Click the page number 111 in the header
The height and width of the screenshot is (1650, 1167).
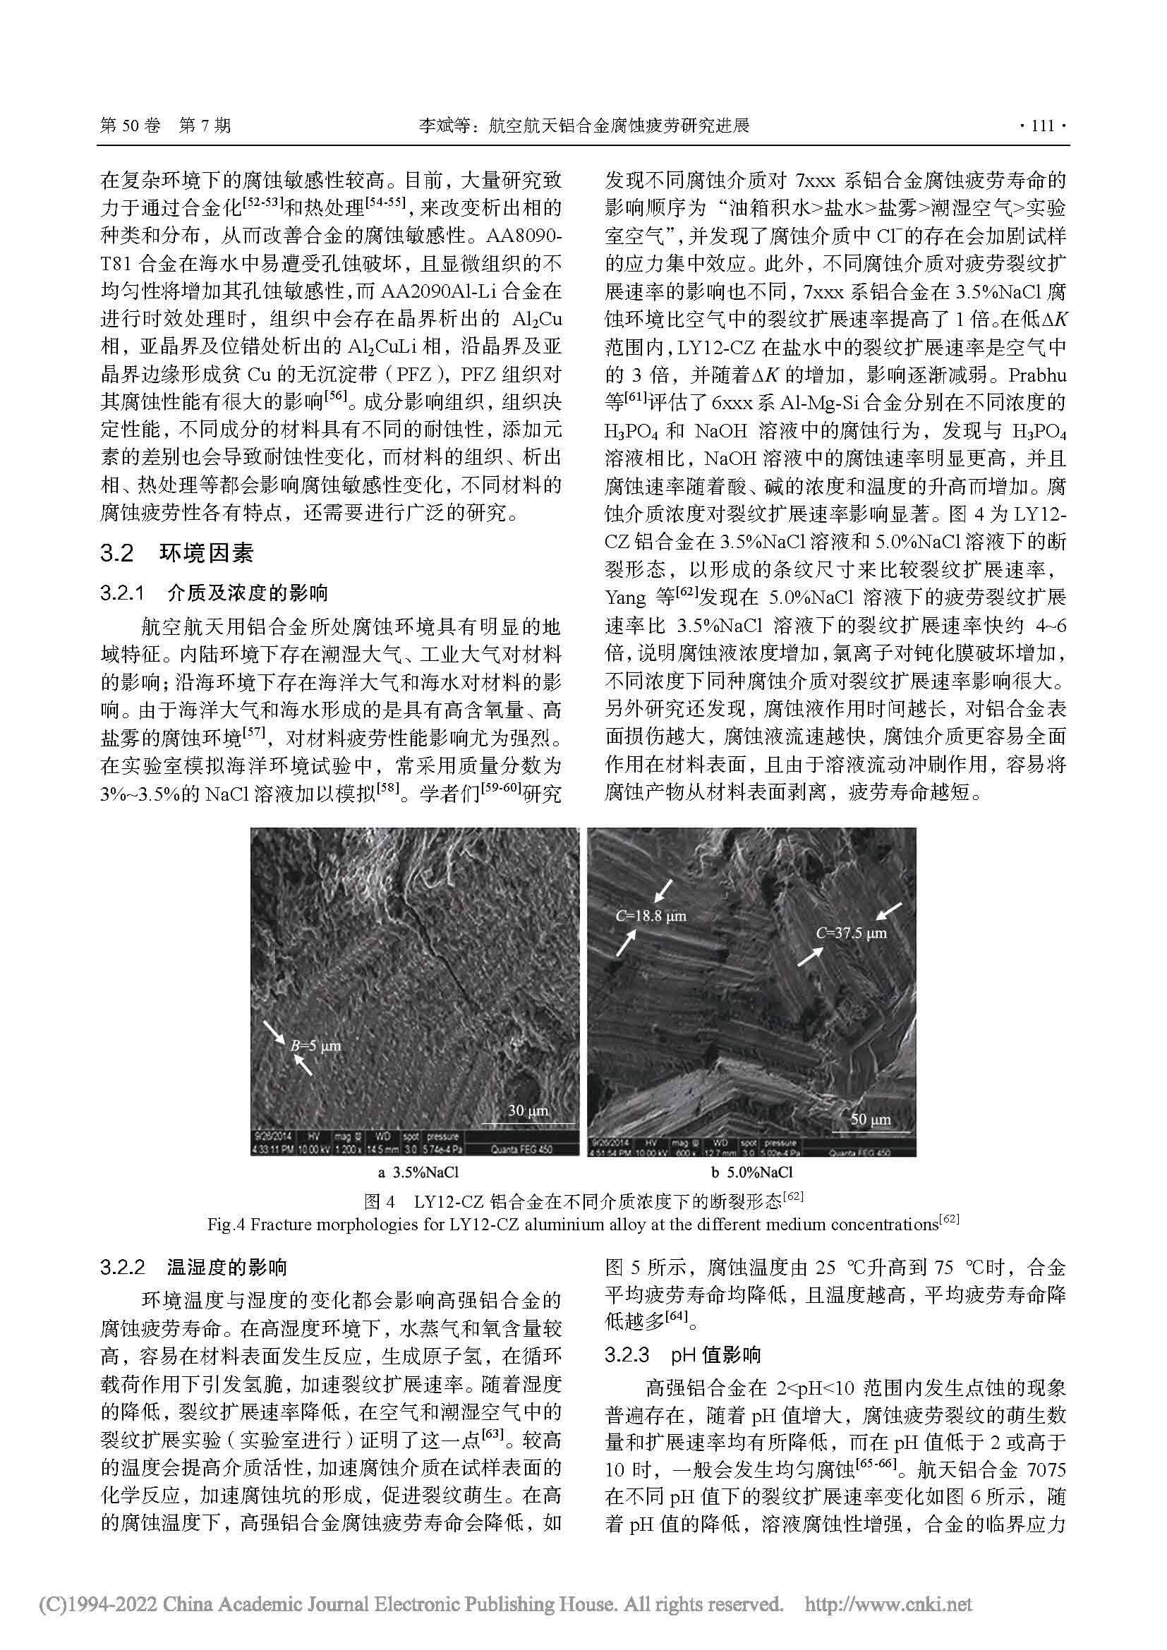[1043, 126]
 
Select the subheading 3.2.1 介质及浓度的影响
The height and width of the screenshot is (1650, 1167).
[214, 593]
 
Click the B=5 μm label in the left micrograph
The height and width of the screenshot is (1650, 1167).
[315, 1045]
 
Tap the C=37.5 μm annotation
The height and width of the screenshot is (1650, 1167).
[852, 933]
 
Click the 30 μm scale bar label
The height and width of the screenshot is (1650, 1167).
[528, 1110]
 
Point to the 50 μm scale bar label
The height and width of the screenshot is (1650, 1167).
[870, 1119]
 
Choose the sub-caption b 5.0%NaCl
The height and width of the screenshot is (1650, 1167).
[751, 1173]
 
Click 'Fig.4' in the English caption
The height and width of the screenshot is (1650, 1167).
[227, 1224]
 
